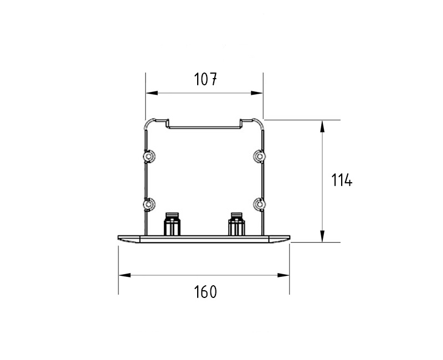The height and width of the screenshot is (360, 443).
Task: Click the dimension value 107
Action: pyautogui.click(x=205, y=79)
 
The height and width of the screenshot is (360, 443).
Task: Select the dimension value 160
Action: pyautogui.click(x=205, y=292)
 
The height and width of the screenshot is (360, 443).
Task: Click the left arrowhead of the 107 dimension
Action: pyautogui.click(x=152, y=93)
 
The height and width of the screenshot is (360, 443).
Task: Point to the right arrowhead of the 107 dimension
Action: pyautogui.click(x=257, y=93)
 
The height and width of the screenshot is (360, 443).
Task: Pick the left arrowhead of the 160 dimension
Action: pyautogui.click(x=125, y=275)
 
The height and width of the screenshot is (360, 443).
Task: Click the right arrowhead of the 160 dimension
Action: pyautogui.click(x=283, y=275)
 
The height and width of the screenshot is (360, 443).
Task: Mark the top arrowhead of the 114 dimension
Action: pyautogui.click(x=322, y=126)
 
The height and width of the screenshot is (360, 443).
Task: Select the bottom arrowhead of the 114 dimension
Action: pyautogui.click(x=322, y=236)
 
